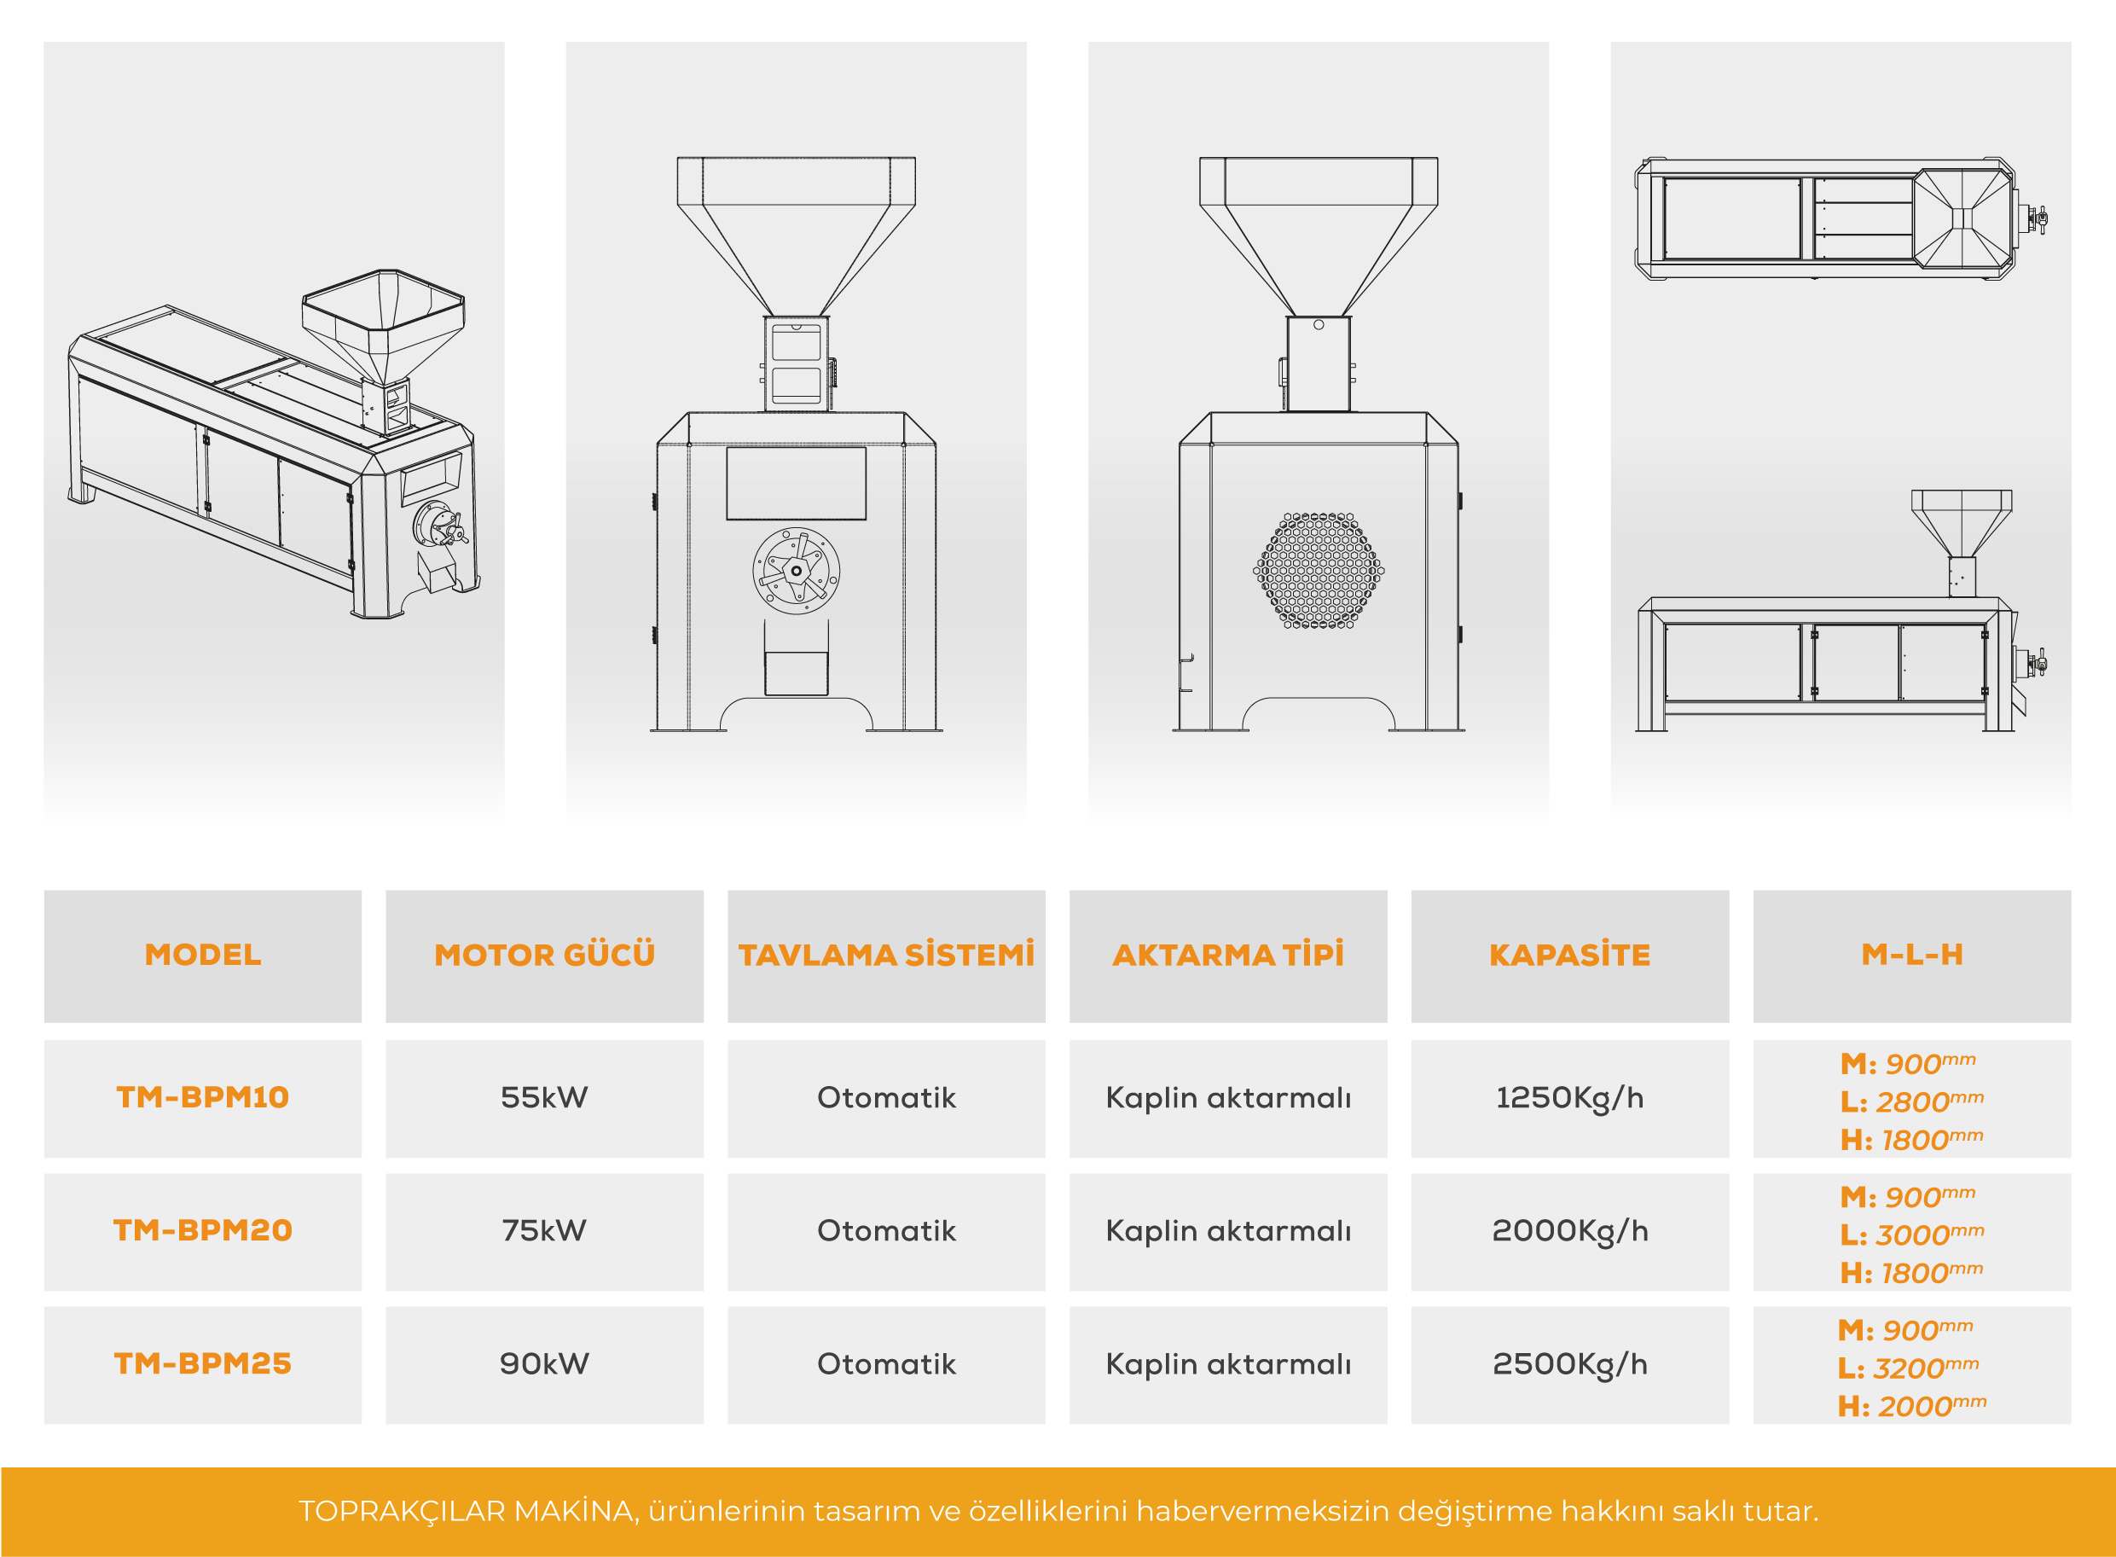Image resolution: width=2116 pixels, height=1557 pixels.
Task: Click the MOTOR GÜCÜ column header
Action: (x=543, y=954)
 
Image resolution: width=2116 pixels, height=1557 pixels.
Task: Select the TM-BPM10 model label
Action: (x=202, y=1097)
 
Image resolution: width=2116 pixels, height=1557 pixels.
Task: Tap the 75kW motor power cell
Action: (x=543, y=1230)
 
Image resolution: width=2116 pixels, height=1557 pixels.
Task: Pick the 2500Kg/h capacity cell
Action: (x=1569, y=1364)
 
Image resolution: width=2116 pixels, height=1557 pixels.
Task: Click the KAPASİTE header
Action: (x=1569, y=954)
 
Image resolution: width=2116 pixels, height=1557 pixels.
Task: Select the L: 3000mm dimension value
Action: (x=1911, y=1234)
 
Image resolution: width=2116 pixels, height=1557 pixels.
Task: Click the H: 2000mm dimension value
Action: (x=1911, y=1405)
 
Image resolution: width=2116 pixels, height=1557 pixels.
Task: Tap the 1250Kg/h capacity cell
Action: (x=1569, y=1098)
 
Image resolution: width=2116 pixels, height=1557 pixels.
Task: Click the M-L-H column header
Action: (x=1911, y=954)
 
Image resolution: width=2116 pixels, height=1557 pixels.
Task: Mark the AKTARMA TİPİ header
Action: (x=1227, y=954)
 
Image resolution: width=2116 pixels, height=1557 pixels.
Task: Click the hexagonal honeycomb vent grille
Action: (x=1318, y=570)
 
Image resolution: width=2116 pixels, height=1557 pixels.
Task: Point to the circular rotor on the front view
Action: (x=796, y=570)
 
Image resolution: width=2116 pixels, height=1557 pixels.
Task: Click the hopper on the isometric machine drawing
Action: (x=385, y=325)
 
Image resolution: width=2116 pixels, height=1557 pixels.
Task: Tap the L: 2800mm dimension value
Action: (x=1911, y=1101)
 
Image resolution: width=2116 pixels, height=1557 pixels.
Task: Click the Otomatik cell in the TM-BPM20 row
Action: (x=885, y=1230)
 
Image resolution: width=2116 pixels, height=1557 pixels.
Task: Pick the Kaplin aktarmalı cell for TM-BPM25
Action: (x=1227, y=1364)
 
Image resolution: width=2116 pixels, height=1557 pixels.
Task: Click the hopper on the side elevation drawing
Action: (x=1962, y=523)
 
